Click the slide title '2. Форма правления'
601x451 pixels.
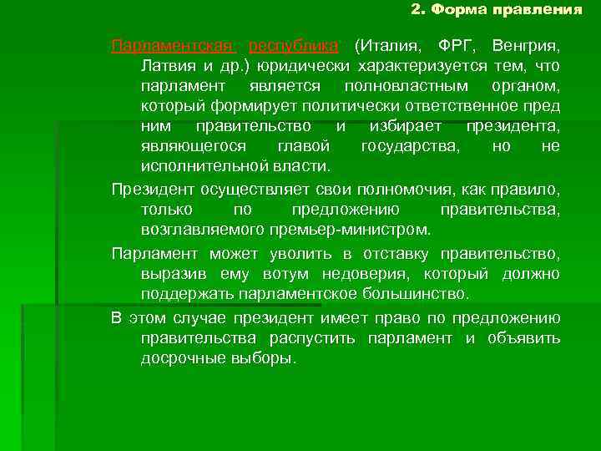[497, 11]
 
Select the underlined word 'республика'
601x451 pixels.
[294, 44]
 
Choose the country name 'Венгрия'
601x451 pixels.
[526, 44]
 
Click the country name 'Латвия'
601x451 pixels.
[169, 65]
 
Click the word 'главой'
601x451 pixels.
[298, 146]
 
